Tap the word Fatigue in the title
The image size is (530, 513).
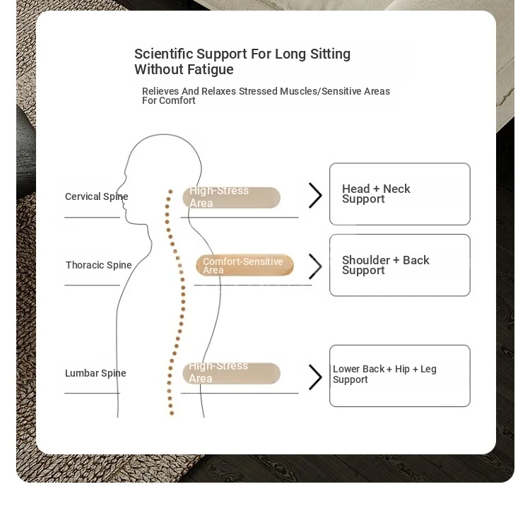[211, 69]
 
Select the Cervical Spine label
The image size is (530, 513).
[96, 196]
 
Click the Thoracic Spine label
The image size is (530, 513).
[99, 265]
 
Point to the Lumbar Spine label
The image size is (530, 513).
[95, 373]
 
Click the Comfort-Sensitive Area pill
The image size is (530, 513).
[245, 265]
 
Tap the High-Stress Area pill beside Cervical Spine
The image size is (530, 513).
[231, 197]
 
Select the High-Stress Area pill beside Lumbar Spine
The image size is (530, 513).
[231, 373]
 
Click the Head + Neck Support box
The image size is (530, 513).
[400, 194]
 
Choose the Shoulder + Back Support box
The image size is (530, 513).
[400, 265]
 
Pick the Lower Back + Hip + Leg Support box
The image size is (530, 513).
[400, 376]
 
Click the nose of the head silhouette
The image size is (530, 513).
[117, 189]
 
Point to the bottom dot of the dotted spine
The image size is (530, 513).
[172, 413]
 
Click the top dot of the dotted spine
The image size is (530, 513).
[170, 191]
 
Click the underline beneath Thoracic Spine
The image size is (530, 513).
[93, 285]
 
